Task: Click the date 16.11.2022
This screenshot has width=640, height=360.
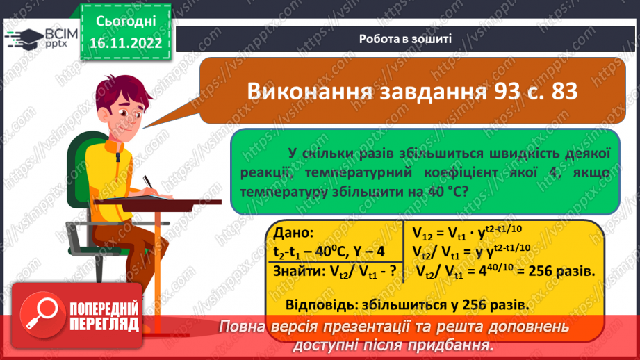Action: pyautogui.click(x=126, y=44)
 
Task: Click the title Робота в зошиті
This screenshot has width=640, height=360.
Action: pyautogui.click(x=406, y=39)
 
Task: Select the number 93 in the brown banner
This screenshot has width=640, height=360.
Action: pyautogui.click(x=477, y=91)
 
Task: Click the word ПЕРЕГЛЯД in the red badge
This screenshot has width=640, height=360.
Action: pyautogui.click(x=104, y=325)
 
